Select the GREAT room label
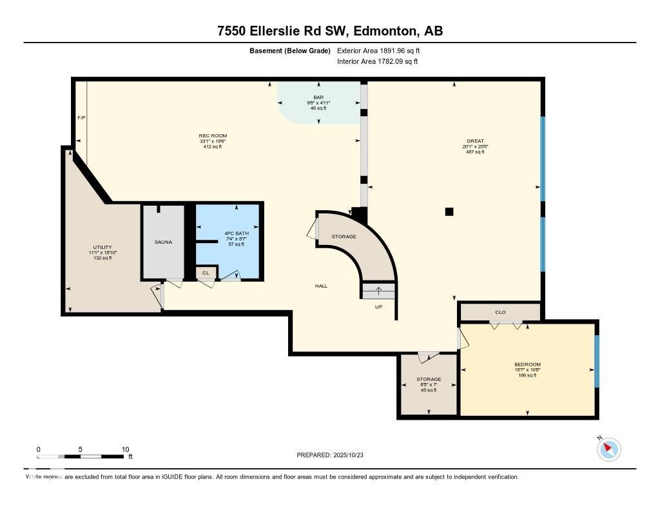point(475,141)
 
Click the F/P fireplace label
point(81,118)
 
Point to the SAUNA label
point(163,242)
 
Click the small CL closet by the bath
point(206,273)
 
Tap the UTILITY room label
point(102,247)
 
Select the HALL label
point(321,286)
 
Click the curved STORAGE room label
point(344,237)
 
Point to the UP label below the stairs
point(379,307)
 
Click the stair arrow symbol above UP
point(378,291)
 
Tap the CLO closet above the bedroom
point(500,312)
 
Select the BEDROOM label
point(527,364)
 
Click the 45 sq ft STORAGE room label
point(429,379)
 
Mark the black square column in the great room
point(449,211)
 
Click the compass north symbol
point(608,449)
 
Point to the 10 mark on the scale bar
point(125,449)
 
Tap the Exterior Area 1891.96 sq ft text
point(380,50)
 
